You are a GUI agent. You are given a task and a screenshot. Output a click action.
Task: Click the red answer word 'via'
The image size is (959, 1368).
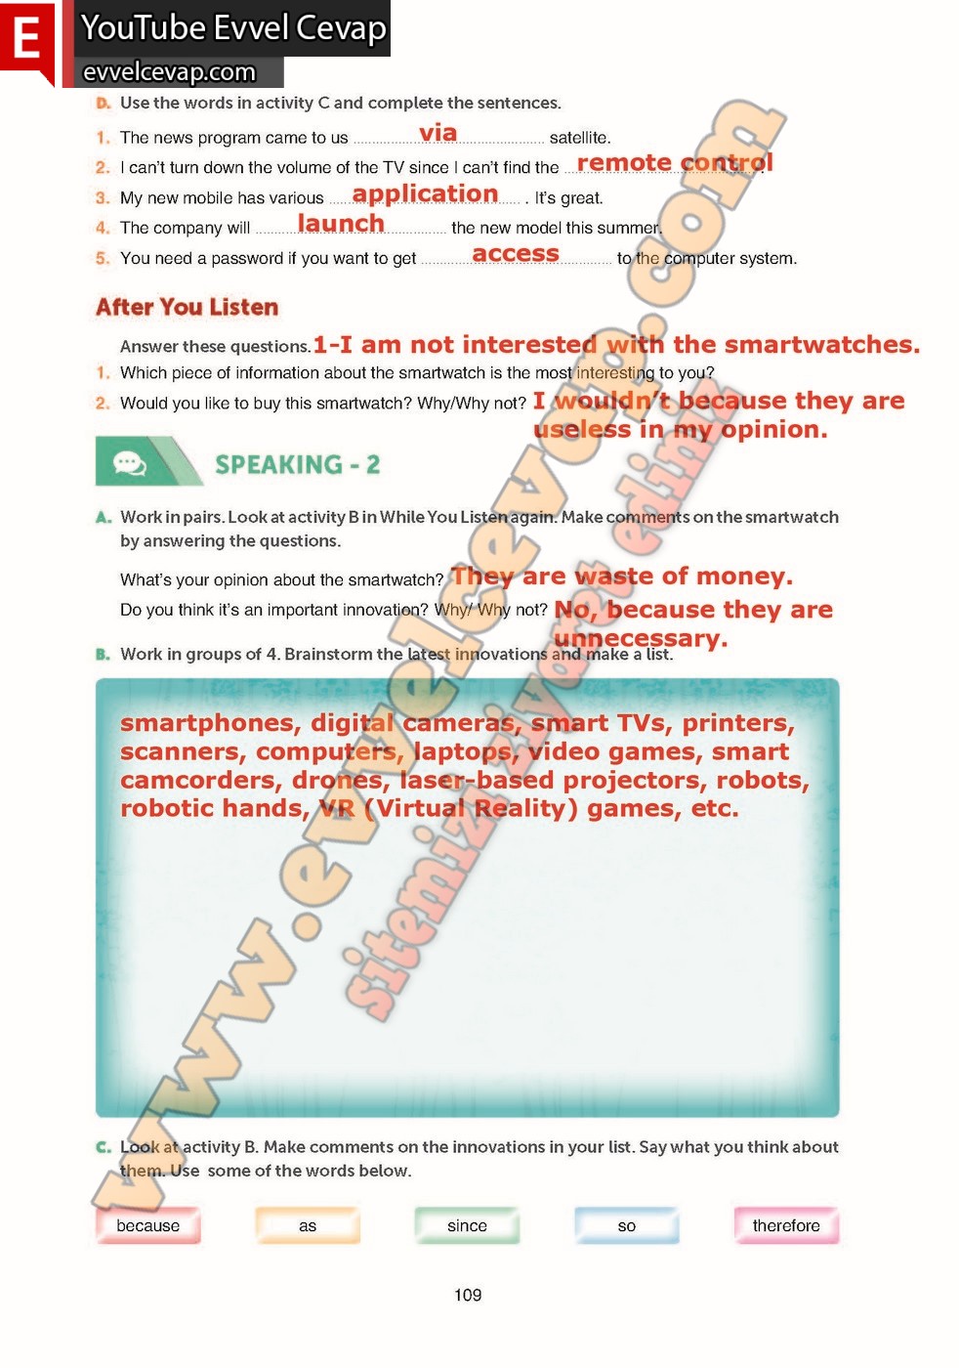(x=438, y=133)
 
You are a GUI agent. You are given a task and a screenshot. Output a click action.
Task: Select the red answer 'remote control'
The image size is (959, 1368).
(x=674, y=162)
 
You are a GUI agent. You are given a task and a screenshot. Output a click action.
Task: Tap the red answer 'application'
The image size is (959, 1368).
(x=425, y=193)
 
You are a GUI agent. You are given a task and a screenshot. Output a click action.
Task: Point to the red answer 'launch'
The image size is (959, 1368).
(x=341, y=224)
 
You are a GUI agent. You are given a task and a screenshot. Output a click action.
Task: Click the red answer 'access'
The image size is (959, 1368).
(x=516, y=254)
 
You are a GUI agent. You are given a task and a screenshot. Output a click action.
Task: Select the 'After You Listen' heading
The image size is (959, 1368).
(x=187, y=307)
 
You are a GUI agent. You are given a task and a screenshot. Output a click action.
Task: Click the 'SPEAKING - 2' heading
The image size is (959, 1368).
(x=297, y=464)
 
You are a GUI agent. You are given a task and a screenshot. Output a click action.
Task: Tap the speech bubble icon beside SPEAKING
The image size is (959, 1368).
(x=130, y=462)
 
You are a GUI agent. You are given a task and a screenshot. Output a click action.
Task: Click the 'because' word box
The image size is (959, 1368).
(x=147, y=1225)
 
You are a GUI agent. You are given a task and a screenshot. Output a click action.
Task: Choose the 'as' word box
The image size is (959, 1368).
(x=308, y=1225)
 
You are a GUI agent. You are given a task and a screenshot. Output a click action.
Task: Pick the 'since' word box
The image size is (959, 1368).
(x=467, y=1225)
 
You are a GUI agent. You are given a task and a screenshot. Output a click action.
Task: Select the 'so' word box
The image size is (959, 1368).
(x=627, y=1225)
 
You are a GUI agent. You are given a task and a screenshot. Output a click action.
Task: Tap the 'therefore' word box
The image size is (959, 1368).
(x=786, y=1225)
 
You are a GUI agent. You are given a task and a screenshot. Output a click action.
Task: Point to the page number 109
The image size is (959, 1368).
(x=468, y=1295)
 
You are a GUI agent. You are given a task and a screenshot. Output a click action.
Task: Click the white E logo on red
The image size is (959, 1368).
(x=26, y=40)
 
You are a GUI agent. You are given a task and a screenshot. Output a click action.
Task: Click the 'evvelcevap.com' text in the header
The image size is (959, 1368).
(x=169, y=72)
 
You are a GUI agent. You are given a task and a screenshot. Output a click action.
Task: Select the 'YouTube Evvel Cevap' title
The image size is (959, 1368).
(x=233, y=27)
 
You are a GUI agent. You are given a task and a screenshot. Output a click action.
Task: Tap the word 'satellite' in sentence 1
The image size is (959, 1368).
(x=579, y=138)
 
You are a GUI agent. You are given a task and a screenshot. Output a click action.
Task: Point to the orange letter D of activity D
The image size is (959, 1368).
(x=103, y=103)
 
